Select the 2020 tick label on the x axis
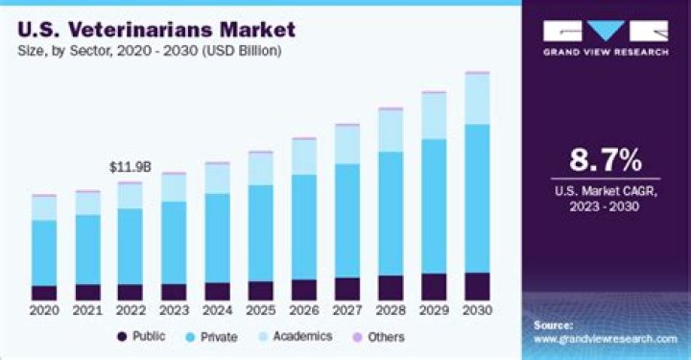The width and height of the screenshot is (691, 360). pyautogui.click(x=43, y=311)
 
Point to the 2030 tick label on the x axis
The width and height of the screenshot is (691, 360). pyautogui.click(x=477, y=311)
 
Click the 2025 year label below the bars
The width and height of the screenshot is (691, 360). pyautogui.click(x=260, y=311)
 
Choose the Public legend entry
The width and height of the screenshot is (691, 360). pyautogui.click(x=141, y=337)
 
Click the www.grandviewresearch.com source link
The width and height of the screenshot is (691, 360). pyautogui.click(x=605, y=339)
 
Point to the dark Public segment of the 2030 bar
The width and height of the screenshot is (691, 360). pyautogui.click(x=477, y=286)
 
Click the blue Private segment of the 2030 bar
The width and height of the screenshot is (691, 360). pyautogui.click(x=477, y=198)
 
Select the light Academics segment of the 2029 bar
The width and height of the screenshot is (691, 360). pyautogui.click(x=434, y=116)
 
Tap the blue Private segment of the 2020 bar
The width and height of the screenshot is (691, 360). pyautogui.click(x=43, y=252)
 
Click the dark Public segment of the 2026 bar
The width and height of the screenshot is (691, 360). pyautogui.click(x=303, y=290)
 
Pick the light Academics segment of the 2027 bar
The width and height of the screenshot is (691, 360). pyautogui.click(x=346, y=145)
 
